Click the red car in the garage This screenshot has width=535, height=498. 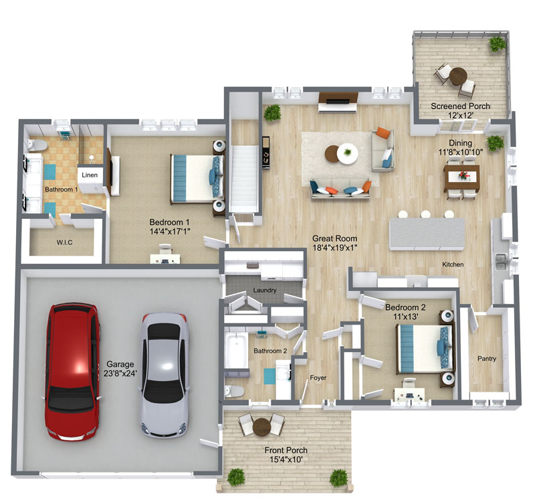tap(72, 371)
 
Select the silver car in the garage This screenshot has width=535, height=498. tap(165, 375)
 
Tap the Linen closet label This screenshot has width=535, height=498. tap(90, 175)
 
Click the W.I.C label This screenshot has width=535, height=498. tap(64, 242)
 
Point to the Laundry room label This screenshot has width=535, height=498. tap(265, 290)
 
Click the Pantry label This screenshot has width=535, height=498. tap(487, 358)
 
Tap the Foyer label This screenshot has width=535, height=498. tap(318, 378)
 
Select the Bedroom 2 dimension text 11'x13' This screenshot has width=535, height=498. tap(405, 317)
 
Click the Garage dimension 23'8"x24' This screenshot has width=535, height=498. tap(120, 373)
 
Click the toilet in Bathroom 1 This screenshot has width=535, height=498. tap(37, 145)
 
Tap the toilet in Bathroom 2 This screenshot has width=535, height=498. tap(235, 392)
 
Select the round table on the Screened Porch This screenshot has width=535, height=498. tap(458, 76)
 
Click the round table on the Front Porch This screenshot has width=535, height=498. tap(261, 427)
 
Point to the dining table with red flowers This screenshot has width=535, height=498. tap(462, 177)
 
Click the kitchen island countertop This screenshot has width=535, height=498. tap(427, 234)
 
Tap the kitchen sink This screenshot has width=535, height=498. tap(500, 261)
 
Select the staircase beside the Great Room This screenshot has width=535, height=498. tap(243, 179)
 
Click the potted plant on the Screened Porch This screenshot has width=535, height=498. tap(497, 44)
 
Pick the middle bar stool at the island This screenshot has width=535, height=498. tap(425, 214)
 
